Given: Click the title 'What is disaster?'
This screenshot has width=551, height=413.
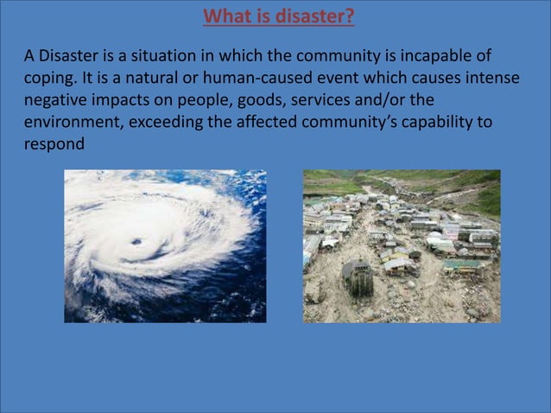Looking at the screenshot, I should tap(278, 16).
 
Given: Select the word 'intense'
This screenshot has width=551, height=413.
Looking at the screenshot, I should tap(492, 79).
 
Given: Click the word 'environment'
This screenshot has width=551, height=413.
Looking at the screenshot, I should tap(73, 122).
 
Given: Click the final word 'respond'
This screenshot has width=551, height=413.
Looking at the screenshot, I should tap(54, 144).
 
